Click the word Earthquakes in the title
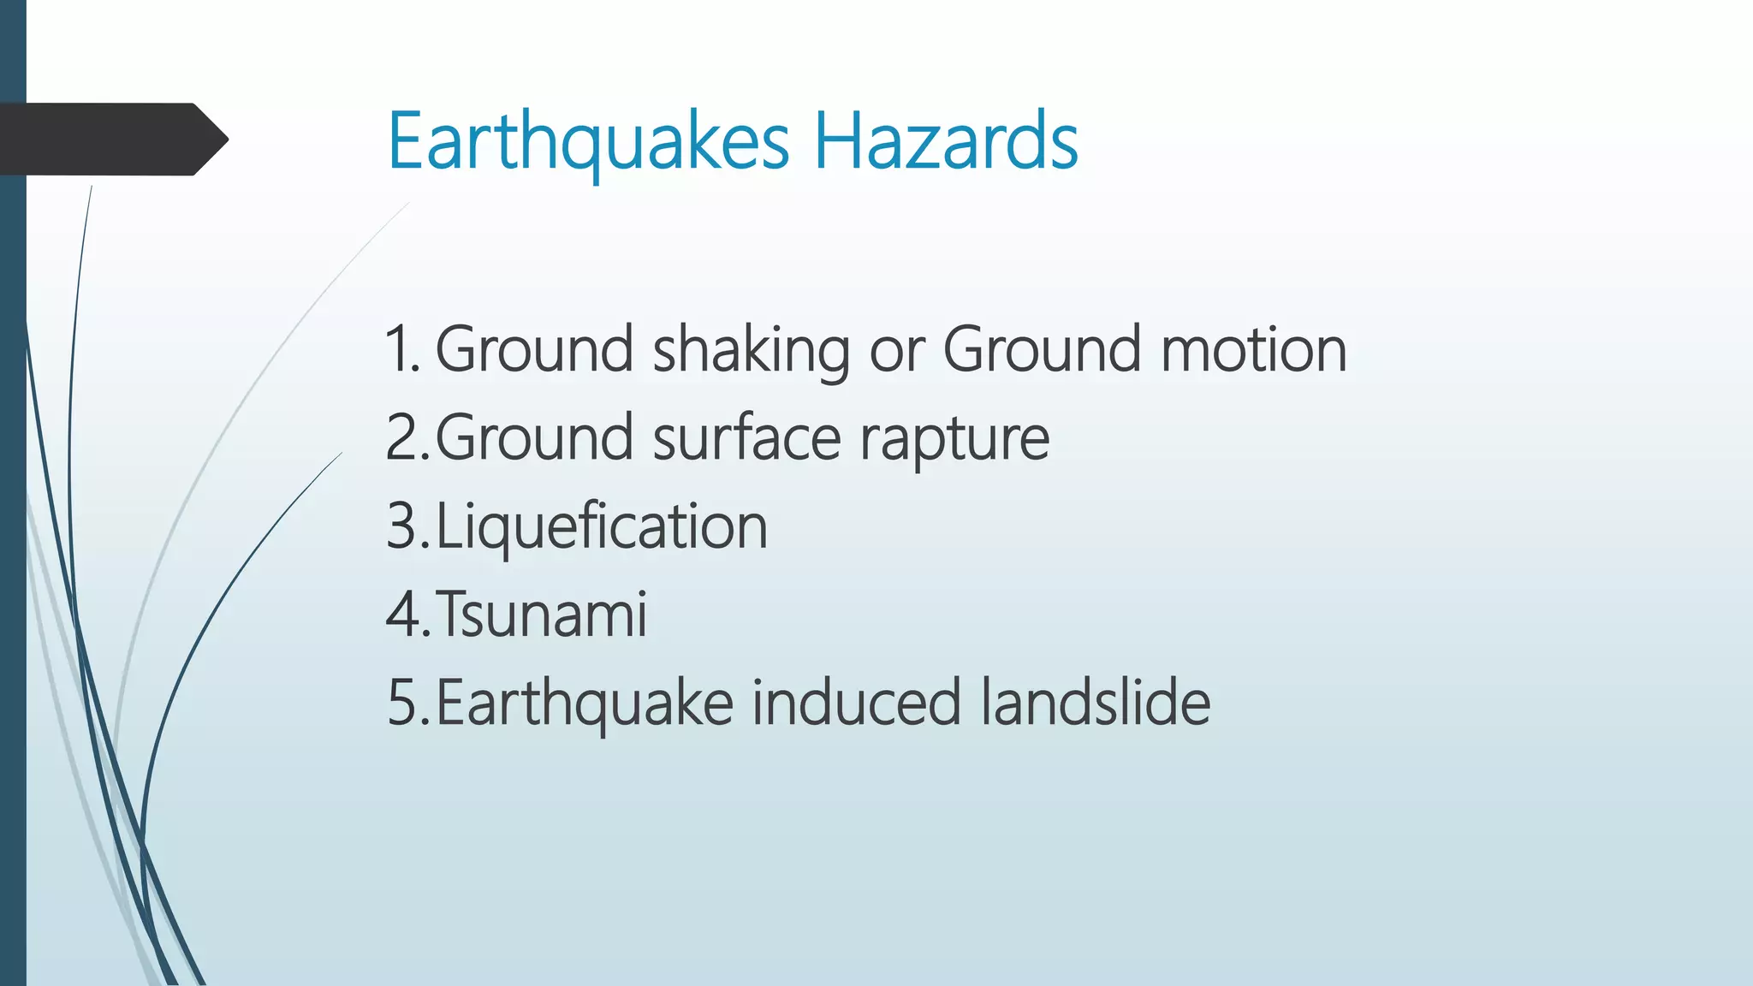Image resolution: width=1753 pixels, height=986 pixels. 588,141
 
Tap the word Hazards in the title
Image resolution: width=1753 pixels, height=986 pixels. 946,141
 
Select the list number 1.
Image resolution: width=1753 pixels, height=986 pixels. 401,349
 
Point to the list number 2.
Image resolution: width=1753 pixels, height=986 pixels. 406,438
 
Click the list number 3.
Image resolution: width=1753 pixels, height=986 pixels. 406,526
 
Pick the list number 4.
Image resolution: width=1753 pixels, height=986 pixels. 406,615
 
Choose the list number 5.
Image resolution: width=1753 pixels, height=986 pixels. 406,703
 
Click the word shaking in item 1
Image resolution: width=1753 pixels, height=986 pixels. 752,351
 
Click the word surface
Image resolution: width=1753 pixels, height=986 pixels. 747,438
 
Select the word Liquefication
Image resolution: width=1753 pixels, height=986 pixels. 602,526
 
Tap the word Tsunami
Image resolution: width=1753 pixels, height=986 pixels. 542,615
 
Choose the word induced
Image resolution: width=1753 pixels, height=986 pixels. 857,703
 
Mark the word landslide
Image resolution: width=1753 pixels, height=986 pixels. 1096,703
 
